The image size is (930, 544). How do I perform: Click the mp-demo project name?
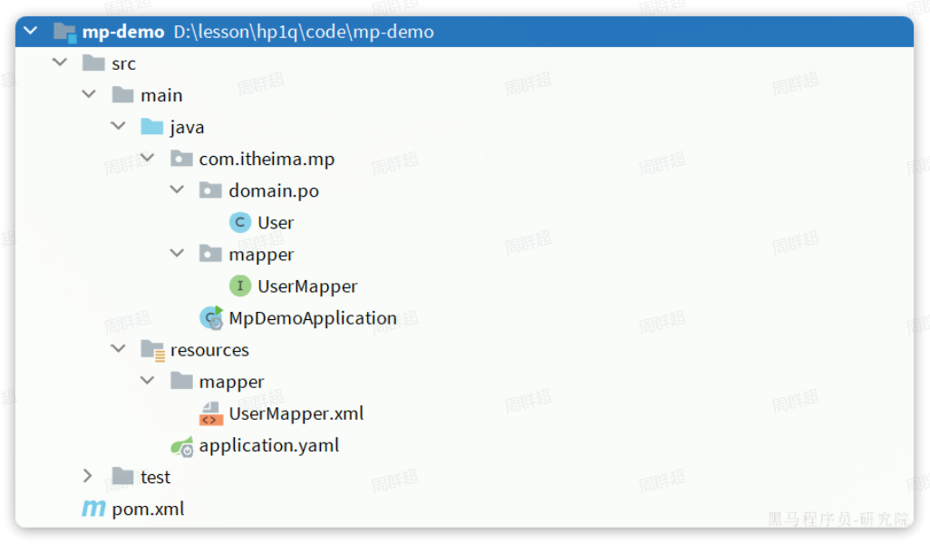pos(123,32)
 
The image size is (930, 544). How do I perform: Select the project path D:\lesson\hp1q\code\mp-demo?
pos(304,32)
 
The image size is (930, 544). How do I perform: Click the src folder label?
pos(123,63)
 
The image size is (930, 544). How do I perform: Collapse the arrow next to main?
pos(89,95)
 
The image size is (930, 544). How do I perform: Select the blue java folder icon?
pos(152,127)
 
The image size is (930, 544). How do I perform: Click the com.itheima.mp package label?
pos(266,159)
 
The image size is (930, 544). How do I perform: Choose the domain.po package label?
pos(273,190)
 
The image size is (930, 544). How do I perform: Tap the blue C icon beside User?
pos(239,222)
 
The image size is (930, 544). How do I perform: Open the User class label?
pos(276,222)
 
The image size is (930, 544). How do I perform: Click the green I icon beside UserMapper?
pos(239,287)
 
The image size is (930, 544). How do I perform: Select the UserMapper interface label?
pos(307,287)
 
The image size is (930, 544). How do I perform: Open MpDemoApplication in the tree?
pos(313,318)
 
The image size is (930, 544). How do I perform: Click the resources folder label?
pos(209,350)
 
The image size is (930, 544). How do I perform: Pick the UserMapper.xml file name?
pos(295,413)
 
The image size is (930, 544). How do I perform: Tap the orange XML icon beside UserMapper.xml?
pos(210,414)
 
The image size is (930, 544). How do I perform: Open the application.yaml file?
pos(268,445)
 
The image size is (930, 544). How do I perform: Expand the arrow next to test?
pos(88,477)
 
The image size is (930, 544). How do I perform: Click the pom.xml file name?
pos(148,509)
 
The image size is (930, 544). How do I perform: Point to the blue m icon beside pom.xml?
pos(93,509)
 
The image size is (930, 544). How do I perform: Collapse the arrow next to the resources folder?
pos(118,350)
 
